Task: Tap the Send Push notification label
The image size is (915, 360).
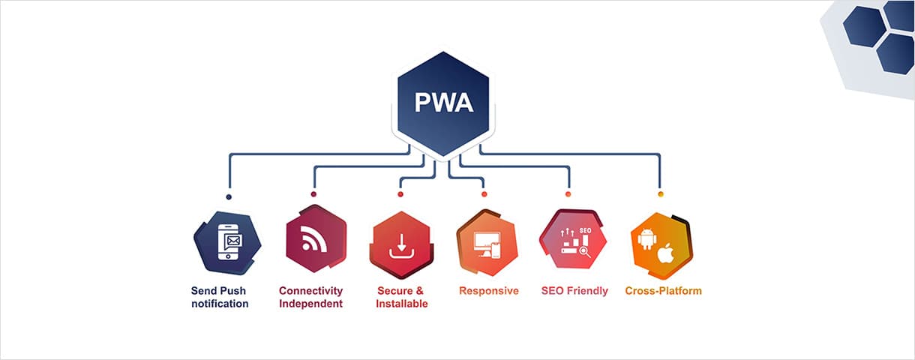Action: coord(220,297)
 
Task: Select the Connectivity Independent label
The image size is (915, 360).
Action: coord(310,297)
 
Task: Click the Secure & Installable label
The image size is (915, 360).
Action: coord(402,297)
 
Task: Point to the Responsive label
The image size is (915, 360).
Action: coord(488,291)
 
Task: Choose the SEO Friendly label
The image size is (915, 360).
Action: coord(574,291)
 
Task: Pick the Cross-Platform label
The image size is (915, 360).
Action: coord(663,291)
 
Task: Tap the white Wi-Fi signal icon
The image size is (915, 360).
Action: coord(314,239)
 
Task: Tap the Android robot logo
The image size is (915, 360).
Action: coord(646,238)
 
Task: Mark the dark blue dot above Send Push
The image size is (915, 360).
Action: coord(229,196)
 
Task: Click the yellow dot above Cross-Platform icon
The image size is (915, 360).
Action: coord(661,194)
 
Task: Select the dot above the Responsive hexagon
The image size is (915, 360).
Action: coord(484,194)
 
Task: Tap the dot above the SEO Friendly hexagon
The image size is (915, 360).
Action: coord(568,194)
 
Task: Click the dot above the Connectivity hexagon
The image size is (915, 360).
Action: coord(313,194)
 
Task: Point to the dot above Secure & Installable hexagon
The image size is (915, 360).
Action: coord(400,194)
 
